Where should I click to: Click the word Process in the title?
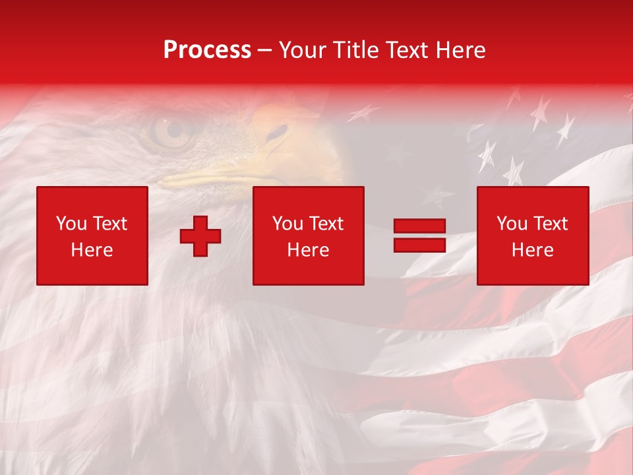(207, 50)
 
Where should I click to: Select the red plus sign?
(200, 236)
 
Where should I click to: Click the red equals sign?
(419, 236)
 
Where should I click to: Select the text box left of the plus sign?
(92, 236)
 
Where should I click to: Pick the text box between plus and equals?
(308, 236)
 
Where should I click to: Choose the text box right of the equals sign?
(532, 236)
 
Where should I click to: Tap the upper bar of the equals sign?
(419, 226)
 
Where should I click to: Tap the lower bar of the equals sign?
(419, 245)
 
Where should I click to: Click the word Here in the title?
(459, 50)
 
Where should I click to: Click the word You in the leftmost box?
(71, 224)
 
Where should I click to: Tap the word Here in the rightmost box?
(532, 250)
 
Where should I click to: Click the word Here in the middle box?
(308, 250)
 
